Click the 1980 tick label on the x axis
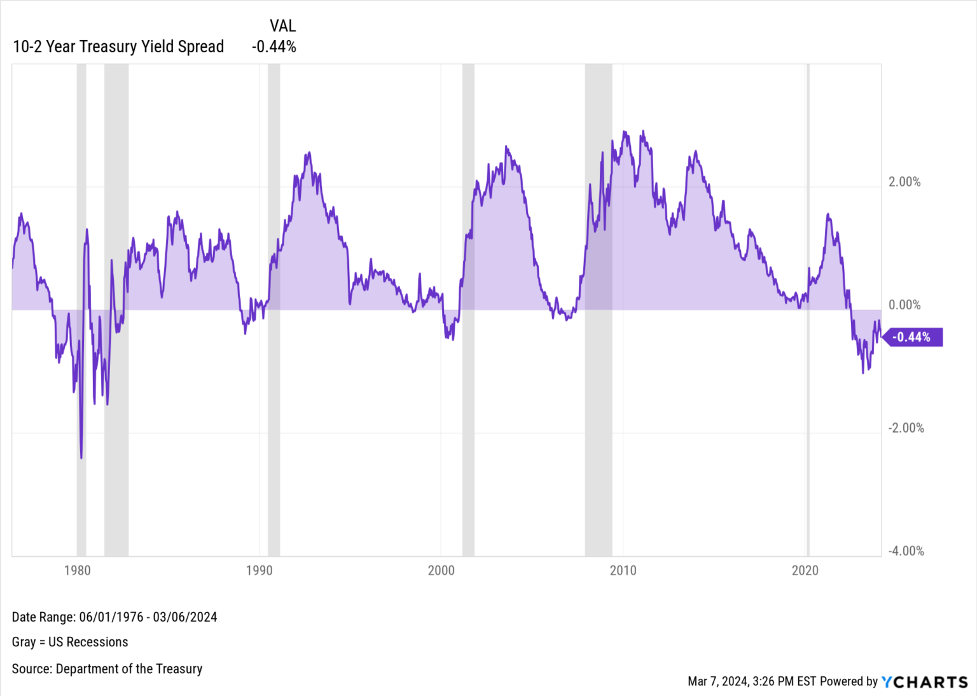pyautogui.click(x=77, y=571)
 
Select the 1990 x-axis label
pyautogui.click(x=259, y=571)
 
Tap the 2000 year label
pyautogui.click(x=441, y=571)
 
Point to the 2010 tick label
pyautogui.click(x=623, y=571)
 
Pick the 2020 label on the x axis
pyautogui.click(x=805, y=571)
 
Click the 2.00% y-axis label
pyautogui.click(x=904, y=182)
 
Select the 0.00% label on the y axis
pyautogui.click(x=904, y=305)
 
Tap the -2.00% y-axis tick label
pyautogui.click(x=906, y=428)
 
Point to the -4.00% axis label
pyautogui.click(x=906, y=552)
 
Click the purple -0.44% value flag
pyautogui.click(x=913, y=337)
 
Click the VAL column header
pyautogui.click(x=282, y=26)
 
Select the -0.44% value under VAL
pyautogui.click(x=274, y=47)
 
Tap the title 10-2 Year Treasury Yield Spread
pyautogui.click(x=118, y=47)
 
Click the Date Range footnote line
pyautogui.click(x=114, y=617)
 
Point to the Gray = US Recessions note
pyautogui.click(x=70, y=642)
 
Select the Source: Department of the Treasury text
pyautogui.click(x=107, y=669)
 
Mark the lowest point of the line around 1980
pyautogui.click(x=81, y=457)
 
